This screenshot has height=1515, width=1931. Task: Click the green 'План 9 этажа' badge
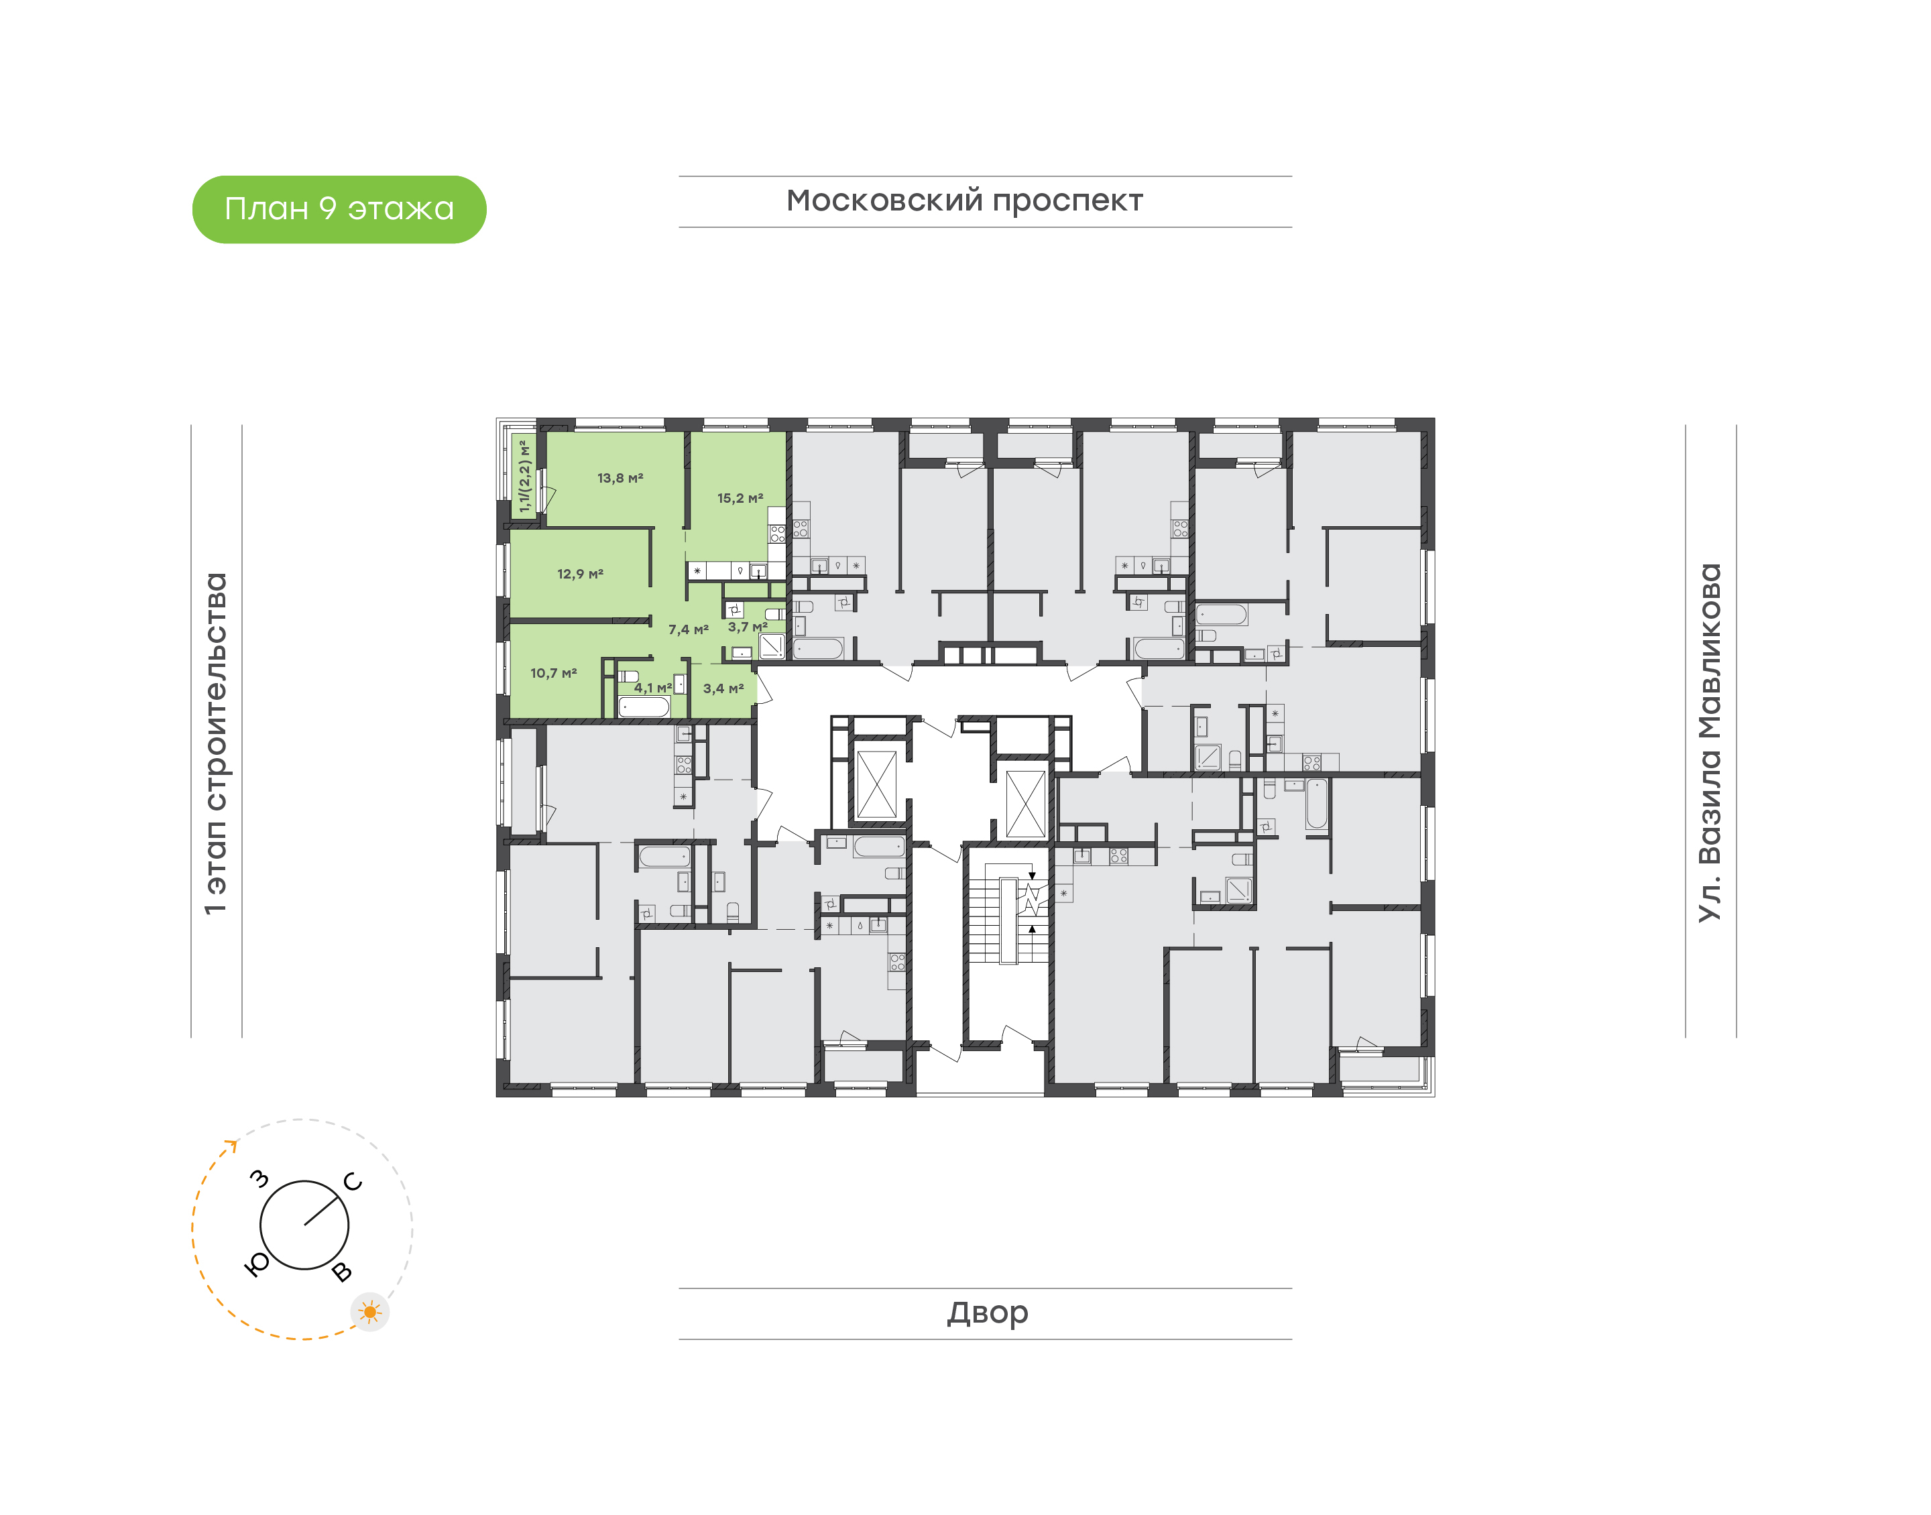[x=339, y=209]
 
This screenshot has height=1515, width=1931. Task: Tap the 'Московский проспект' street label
[x=964, y=201]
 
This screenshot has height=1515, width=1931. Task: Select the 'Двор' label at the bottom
[x=987, y=1313]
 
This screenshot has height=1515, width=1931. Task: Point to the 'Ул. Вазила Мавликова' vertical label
[x=1709, y=743]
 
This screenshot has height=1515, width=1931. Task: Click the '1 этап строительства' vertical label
[x=215, y=744]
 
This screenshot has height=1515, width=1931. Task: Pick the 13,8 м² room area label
[x=620, y=478]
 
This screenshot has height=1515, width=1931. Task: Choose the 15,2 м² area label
[x=740, y=499]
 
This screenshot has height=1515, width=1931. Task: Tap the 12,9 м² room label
[x=580, y=574]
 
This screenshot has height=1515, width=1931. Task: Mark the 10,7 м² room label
[x=554, y=673]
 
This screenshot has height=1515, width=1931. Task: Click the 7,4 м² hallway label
[x=689, y=629]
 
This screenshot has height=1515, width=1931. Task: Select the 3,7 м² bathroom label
[x=748, y=627]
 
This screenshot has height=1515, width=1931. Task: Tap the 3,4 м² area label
[x=723, y=688]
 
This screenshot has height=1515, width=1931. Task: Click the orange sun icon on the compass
[x=370, y=1312]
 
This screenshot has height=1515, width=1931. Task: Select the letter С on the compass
[x=353, y=1181]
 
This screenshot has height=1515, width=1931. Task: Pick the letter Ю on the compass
[x=256, y=1264]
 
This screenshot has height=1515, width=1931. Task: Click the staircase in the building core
[x=1008, y=920]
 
